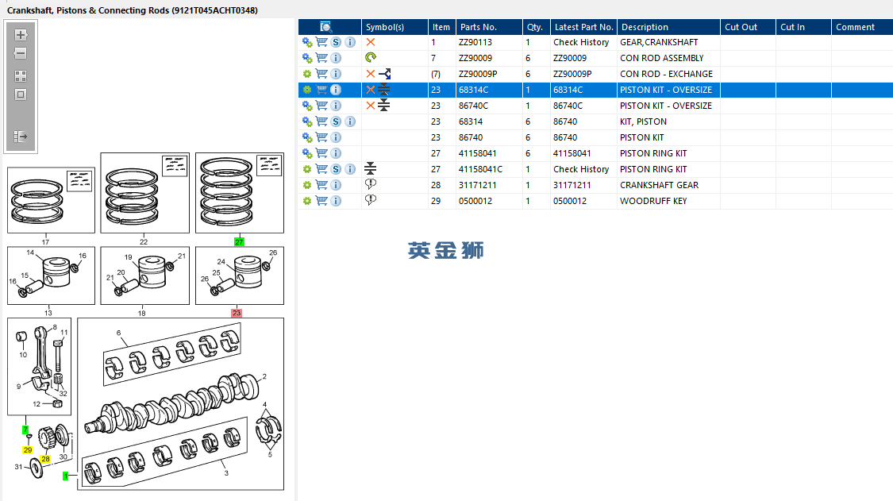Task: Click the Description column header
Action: coord(645,27)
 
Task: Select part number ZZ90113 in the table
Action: coord(475,42)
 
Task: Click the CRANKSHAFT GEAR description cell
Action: coord(659,185)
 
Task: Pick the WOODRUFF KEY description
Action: coord(653,201)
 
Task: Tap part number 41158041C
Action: coord(480,169)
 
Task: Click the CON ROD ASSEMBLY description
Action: coord(661,58)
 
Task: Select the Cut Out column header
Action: coord(741,27)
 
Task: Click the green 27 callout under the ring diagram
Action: coord(239,241)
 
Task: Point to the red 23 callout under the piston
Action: coord(237,314)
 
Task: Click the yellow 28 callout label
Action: coord(45,459)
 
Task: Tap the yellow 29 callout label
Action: coord(28,449)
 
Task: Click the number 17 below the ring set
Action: coord(45,241)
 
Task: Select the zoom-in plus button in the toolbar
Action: coord(21,35)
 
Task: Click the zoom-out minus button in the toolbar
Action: coord(21,53)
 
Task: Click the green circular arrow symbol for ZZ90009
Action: coord(371,58)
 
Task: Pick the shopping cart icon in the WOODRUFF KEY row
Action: coord(321,201)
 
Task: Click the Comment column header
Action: coord(855,27)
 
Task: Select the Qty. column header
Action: coord(534,27)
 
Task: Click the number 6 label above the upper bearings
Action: coord(118,333)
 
